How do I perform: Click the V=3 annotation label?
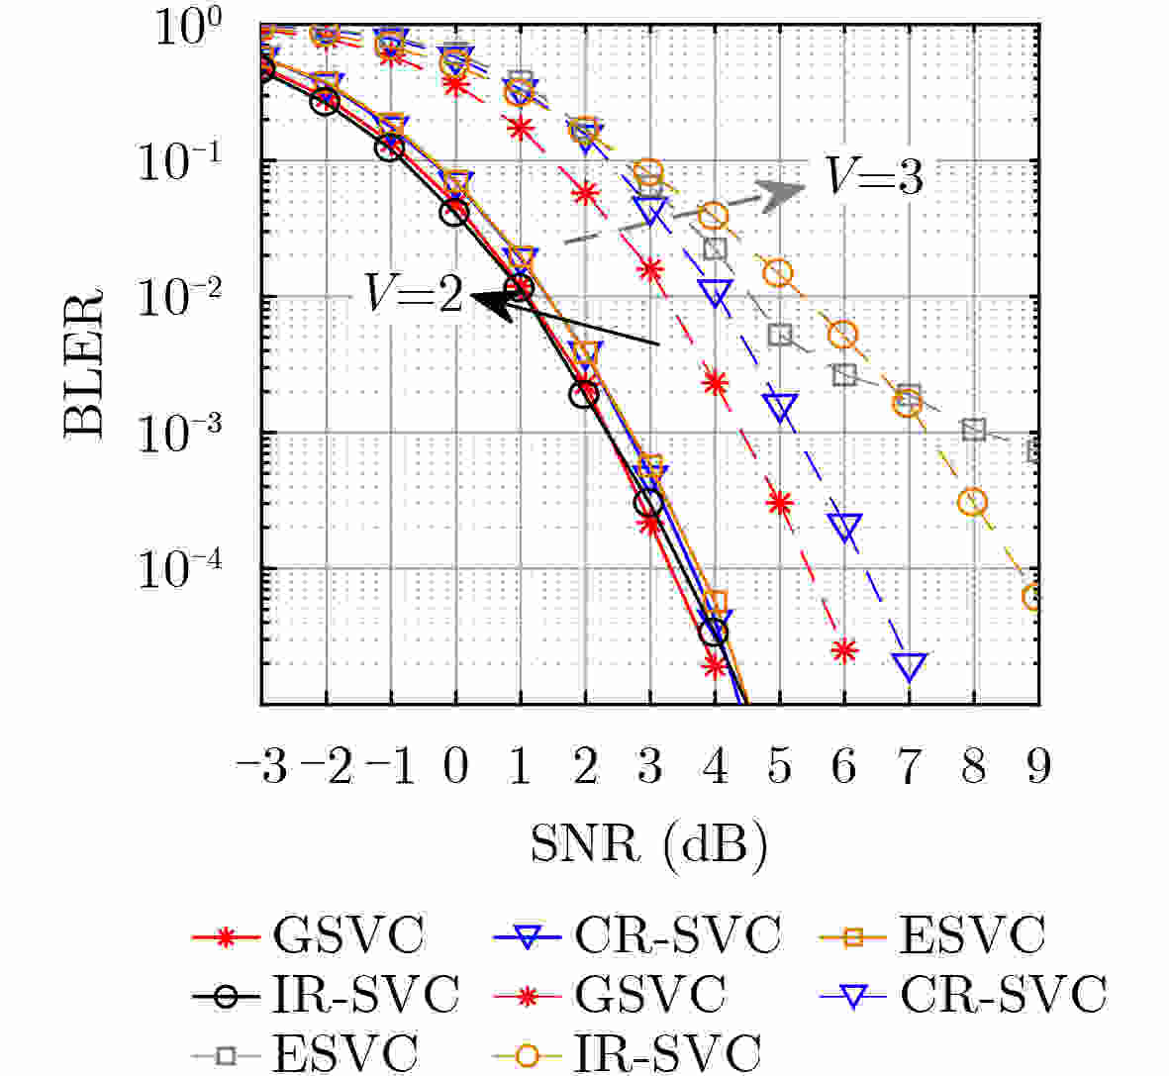[875, 178]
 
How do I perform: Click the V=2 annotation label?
[414, 294]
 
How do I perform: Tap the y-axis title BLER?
[84, 362]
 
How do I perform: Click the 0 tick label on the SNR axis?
[455, 767]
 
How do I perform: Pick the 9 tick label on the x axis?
[1037, 767]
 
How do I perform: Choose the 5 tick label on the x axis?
[779, 767]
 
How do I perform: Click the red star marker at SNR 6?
[843, 650]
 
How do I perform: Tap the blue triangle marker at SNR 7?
[910, 665]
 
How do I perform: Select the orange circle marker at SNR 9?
[1034, 597]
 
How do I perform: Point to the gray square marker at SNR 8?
[974, 429]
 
